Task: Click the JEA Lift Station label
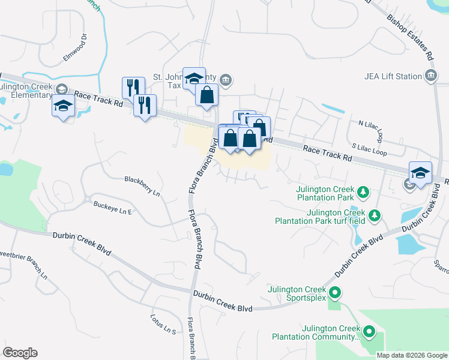click(393, 76)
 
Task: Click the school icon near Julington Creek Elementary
click(63, 106)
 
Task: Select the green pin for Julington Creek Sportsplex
click(335, 293)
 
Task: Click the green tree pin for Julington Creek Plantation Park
click(363, 193)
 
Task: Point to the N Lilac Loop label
click(370, 127)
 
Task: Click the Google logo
click(20, 352)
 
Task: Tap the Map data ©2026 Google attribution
click(412, 355)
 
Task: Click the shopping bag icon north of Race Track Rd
click(206, 95)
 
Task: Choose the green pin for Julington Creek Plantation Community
click(369, 331)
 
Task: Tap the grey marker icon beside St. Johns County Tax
click(226, 80)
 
